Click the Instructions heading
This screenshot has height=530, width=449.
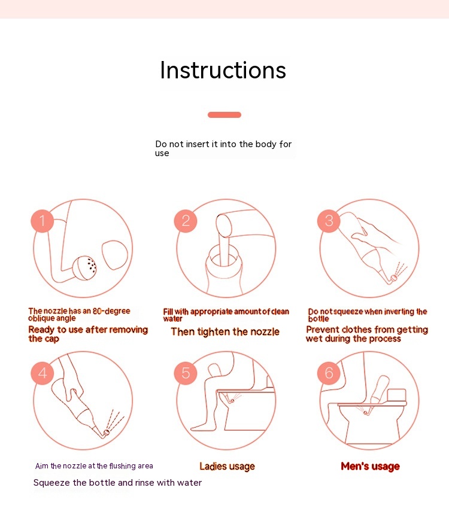(223, 71)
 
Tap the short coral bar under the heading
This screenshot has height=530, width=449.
(224, 115)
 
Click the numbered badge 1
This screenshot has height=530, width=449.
(43, 221)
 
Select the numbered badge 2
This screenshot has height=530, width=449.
(186, 221)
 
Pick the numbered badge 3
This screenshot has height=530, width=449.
(329, 221)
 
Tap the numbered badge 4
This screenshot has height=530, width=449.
(43, 373)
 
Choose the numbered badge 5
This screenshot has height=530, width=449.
(186, 373)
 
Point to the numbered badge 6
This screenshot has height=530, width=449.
(329, 373)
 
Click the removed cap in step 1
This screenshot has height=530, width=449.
(115, 255)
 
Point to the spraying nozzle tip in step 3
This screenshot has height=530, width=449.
(394, 278)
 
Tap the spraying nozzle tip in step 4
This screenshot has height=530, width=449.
(107, 432)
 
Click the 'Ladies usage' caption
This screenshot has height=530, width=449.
(227, 467)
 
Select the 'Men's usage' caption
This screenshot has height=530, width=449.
(370, 467)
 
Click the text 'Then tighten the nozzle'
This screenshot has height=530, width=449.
(225, 332)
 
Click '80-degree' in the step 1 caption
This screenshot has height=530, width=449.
(111, 311)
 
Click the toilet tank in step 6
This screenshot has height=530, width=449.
(396, 395)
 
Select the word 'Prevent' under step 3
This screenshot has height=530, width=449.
(320, 330)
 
